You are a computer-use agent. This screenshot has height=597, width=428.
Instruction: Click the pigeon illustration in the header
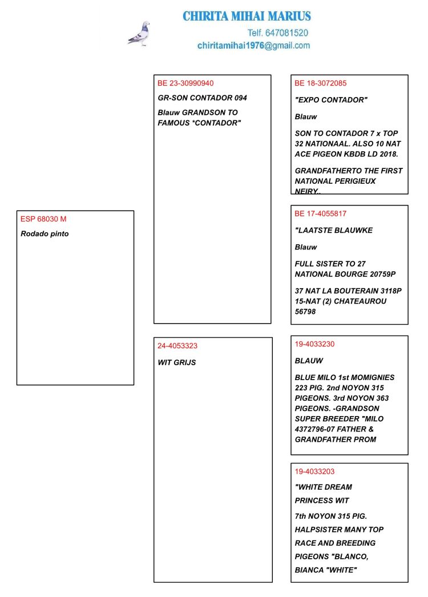click(x=139, y=34)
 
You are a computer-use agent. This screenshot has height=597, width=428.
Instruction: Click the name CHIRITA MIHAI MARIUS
click(x=247, y=16)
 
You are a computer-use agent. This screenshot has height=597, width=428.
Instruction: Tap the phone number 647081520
click(x=286, y=33)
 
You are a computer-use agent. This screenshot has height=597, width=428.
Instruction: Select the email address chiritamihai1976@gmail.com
click(x=253, y=46)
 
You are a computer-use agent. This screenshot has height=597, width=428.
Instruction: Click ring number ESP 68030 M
click(x=43, y=219)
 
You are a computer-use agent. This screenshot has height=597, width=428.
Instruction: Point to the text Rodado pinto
click(x=45, y=233)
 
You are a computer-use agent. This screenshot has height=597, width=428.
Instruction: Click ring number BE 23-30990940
click(x=185, y=83)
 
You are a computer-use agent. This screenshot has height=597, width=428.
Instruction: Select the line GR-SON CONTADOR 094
click(x=202, y=98)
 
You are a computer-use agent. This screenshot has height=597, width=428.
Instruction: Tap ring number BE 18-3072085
click(x=320, y=83)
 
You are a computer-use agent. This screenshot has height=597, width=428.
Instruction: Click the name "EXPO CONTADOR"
click(x=331, y=100)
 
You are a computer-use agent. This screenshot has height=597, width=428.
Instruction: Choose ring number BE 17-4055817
click(x=320, y=214)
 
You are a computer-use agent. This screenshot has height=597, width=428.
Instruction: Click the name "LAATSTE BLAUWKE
click(x=333, y=231)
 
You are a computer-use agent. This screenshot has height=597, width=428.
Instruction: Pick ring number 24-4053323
click(x=177, y=346)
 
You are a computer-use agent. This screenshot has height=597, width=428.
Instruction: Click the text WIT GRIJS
click(x=176, y=362)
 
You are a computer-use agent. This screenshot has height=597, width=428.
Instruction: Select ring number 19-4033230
click(x=314, y=344)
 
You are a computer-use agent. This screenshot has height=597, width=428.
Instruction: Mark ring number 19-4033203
click(x=314, y=471)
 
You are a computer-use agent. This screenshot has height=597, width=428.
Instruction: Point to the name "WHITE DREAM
click(x=323, y=487)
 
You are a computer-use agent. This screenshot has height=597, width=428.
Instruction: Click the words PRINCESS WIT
click(x=322, y=501)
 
